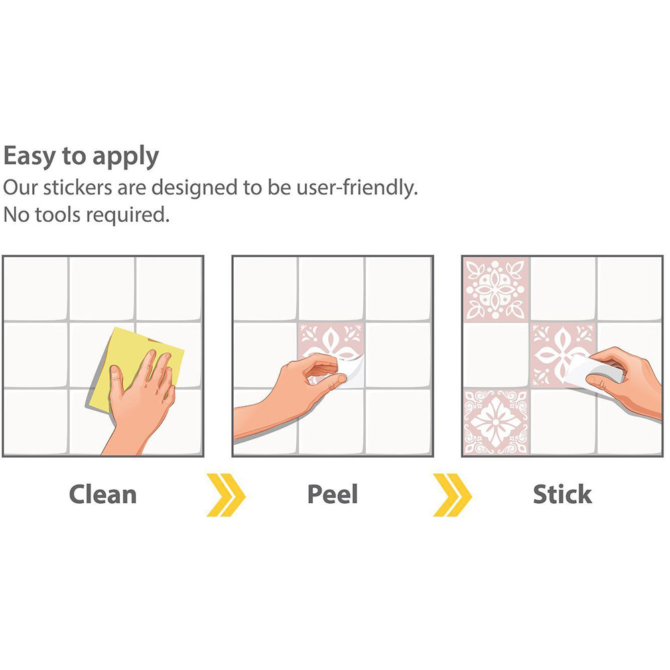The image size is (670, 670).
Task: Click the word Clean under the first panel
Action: point(103,494)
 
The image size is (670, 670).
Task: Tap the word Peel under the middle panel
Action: point(332,494)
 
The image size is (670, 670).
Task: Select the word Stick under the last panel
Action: point(562,494)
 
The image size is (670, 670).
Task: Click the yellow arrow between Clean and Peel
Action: point(226,495)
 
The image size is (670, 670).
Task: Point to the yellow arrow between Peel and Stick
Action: point(452,495)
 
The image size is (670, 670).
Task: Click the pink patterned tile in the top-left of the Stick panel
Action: point(496,289)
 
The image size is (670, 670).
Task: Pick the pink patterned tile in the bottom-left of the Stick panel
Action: point(496,421)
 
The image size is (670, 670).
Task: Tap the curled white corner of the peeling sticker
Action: point(350,371)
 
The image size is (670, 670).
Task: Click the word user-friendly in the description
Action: point(357,188)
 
